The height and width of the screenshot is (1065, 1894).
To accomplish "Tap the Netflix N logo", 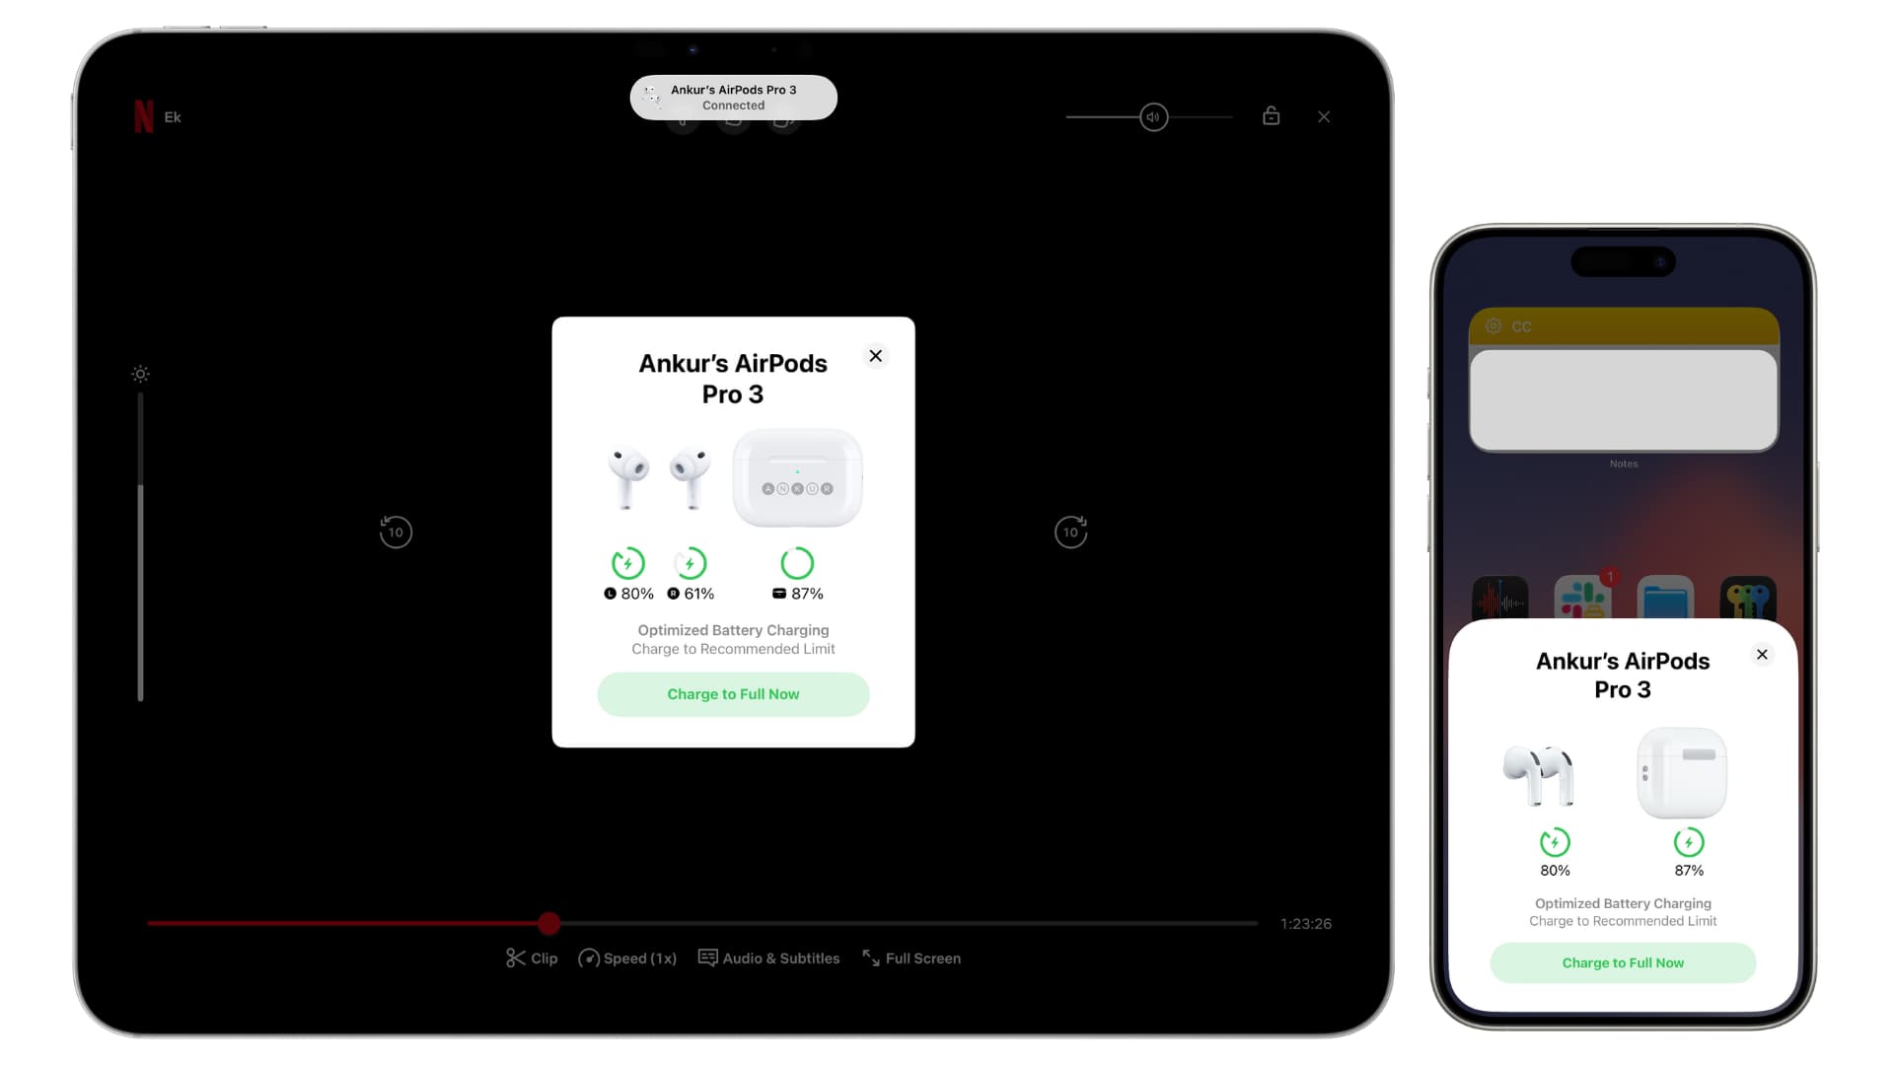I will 144,116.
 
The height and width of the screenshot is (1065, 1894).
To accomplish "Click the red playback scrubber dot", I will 549,923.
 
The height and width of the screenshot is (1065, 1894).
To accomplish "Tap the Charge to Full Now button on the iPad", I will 733,694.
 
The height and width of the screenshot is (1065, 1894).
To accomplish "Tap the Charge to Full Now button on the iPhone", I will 1623,962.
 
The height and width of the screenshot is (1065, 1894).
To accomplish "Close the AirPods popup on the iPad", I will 875,356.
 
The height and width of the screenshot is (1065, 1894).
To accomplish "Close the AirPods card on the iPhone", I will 1762,655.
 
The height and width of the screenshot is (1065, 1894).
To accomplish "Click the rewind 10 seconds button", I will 396,532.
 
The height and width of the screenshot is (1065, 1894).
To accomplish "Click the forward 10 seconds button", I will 1070,532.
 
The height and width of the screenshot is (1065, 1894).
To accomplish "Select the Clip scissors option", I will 532,958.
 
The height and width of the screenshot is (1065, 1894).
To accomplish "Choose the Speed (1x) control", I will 627,958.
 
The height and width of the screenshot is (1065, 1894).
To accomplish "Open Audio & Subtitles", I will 768,958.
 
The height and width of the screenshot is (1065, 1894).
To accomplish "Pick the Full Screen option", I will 911,958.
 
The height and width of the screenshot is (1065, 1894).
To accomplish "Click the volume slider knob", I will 1153,117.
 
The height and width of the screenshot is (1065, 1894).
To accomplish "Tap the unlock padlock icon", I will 1271,116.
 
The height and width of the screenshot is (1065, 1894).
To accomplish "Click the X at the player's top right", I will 1324,117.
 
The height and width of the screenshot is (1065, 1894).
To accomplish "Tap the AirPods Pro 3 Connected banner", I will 733,98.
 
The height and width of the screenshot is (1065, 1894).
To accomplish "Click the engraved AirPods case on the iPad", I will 797,478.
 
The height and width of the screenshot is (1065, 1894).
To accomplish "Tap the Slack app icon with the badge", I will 1582,599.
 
